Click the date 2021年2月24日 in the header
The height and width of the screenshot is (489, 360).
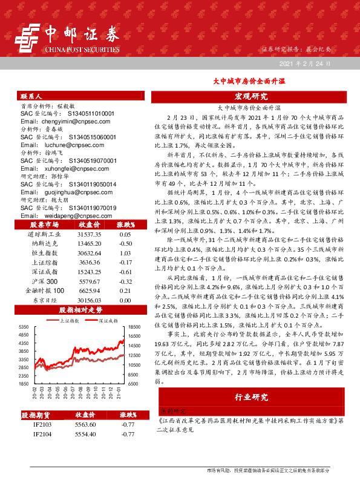[305, 63]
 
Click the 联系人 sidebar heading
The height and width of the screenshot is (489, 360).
[31, 96]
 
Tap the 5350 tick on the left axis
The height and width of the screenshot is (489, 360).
[24, 327]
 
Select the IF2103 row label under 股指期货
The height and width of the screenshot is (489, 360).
[42, 425]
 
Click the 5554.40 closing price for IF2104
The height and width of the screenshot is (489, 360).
[85, 435]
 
